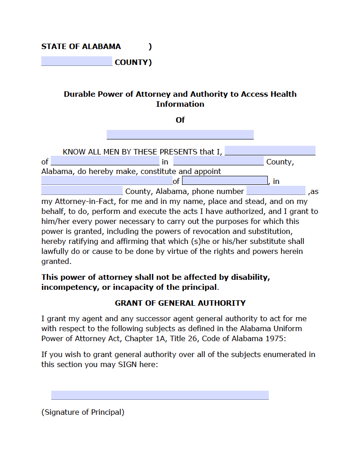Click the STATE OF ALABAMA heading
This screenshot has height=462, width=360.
pyautogui.click(x=81, y=46)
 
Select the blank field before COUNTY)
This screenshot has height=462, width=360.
pyautogui.click(x=76, y=61)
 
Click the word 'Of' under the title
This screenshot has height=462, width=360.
pyautogui.click(x=180, y=120)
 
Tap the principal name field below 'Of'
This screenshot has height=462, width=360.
pyautogui.click(x=180, y=134)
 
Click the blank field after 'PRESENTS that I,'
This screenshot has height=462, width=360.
pyautogui.click(x=270, y=151)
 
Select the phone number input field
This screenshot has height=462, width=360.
pyautogui.click(x=276, y=191)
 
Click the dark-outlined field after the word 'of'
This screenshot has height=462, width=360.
pyautogui.click(x=225, y=181)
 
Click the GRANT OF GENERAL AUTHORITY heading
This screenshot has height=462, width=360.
pyautogui.click(x=180, y=303)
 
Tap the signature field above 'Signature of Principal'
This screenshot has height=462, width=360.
pyautogui.click(x=160, y=395)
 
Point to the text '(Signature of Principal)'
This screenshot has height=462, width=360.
pyautogui.click(x=83, y=412)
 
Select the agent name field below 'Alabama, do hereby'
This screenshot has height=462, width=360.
pyautogui.click(x=106, y=181)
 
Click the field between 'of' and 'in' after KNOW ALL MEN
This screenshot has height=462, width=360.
pyautogui.click(x=105, y=161)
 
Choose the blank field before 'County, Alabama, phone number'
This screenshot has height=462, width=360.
pyautogui.click(x=82, y=191)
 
